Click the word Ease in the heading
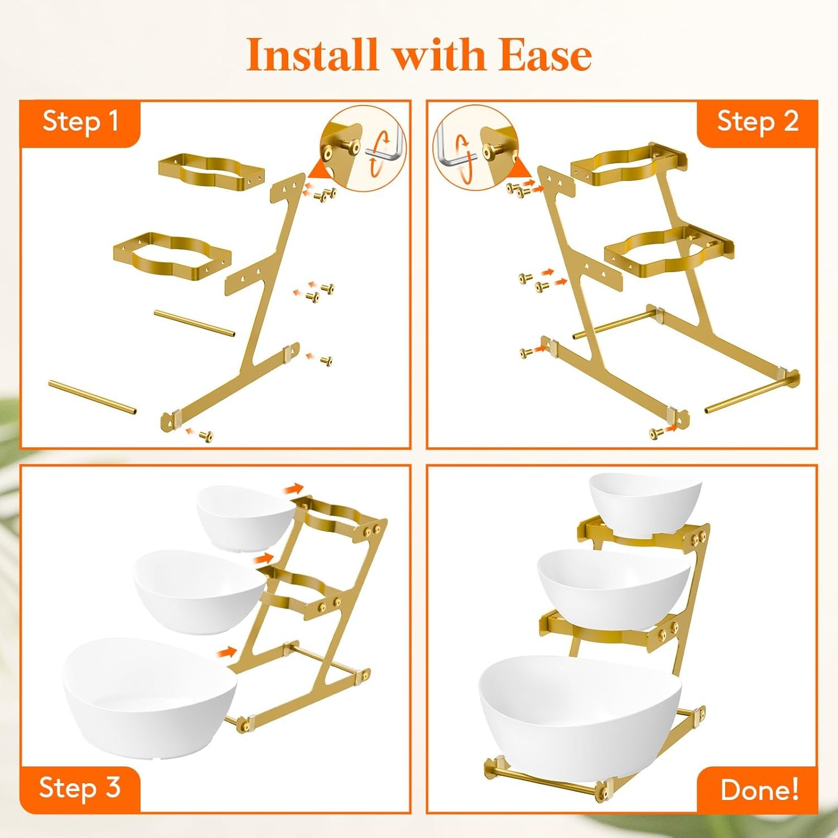(545, 55)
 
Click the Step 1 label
(81, 121)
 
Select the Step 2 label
(758, 121)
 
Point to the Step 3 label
(80, 788)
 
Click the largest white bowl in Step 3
(150, 697)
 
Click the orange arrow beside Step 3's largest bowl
(226, 650)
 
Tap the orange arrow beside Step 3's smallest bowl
(293, 489)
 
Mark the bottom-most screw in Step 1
(206, 435)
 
